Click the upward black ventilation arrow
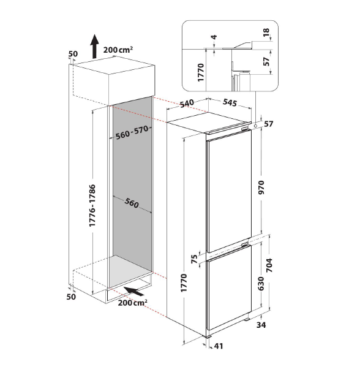pos(95,47)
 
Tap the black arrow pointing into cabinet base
pos(134,291)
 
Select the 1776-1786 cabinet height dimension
pos(92,206)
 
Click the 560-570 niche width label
pos(132,132)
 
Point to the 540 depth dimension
pos(187,104)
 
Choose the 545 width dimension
pos(230,102)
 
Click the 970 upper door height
pos(261,187)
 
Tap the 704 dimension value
pos(269,265)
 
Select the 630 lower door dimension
pos(261,284)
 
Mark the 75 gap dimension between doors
pos(195,259)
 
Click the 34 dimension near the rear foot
pos(261,325)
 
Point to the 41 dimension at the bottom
pos(219,346)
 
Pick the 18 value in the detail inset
pos(266,32)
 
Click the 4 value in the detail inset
pos(214,37)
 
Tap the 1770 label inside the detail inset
pos(201,72)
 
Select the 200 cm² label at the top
pos(118,50)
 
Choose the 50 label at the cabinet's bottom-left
pos(71,297)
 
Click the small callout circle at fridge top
pos(255,125)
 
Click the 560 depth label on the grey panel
pos(132,203)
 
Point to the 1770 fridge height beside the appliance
pos(184,283)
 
